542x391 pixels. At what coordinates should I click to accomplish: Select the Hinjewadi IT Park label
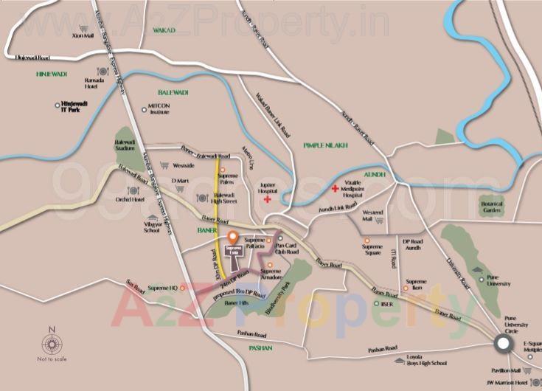point(79,108)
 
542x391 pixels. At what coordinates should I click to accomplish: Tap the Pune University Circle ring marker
point(503,344)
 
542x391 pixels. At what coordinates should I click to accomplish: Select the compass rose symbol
point(52,344)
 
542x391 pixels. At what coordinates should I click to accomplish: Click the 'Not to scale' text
point(52,360)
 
